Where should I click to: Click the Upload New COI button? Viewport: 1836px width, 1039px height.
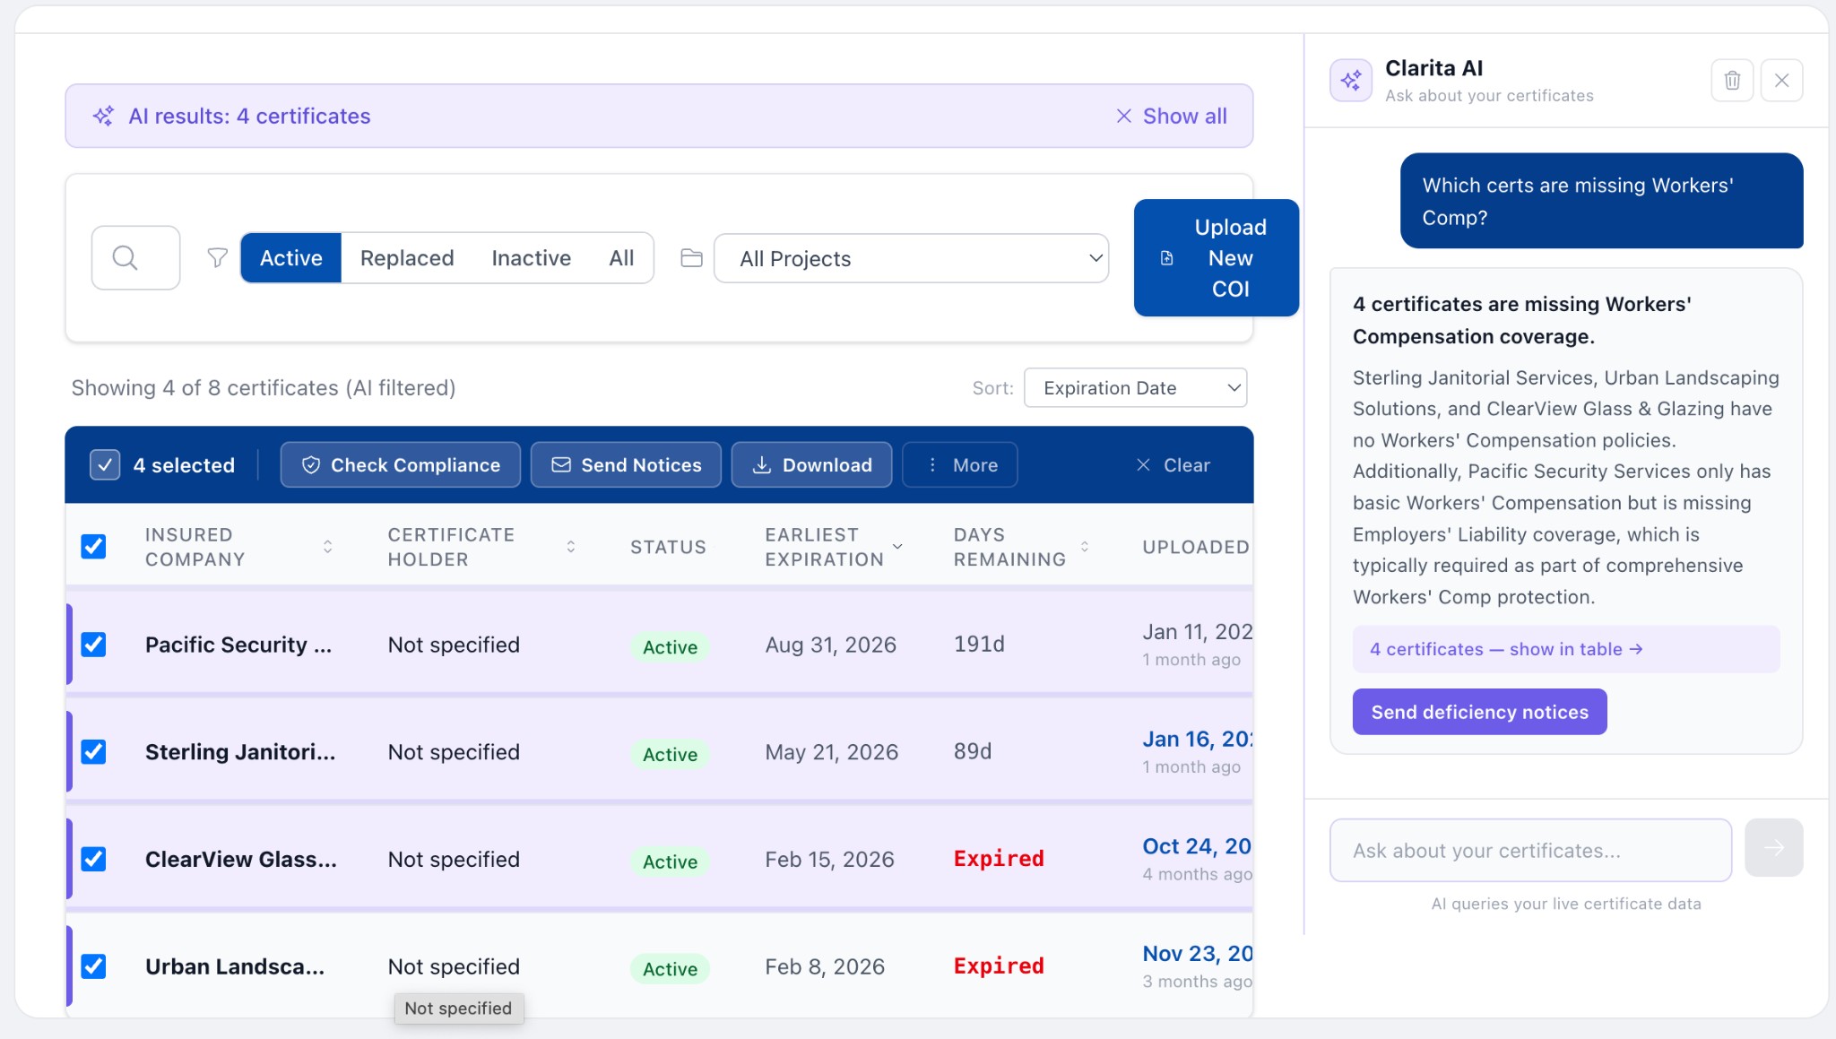click(1216, 258)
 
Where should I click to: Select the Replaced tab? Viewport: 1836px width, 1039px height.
click(407, 258)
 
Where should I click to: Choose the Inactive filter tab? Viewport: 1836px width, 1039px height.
click(531, 258)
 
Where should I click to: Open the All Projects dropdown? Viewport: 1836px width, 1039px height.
click(911, 259)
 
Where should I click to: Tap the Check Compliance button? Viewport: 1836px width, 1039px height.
click(400, 465)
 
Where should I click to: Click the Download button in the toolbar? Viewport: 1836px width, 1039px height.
click(811, 465)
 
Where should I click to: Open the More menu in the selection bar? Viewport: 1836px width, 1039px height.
click(960, 465)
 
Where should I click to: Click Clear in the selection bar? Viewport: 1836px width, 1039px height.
click(1173, 465)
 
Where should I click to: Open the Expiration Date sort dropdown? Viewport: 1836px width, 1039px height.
click(1135, 388)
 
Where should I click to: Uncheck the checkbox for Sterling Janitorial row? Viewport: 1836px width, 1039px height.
click(93, 751)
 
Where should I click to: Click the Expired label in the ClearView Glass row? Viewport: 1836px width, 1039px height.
click(999, 859)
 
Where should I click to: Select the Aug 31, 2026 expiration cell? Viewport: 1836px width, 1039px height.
click(830, 645)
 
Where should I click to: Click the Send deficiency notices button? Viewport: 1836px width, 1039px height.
click(1479, 712)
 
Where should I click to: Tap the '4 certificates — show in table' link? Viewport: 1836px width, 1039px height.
click(1506, 649)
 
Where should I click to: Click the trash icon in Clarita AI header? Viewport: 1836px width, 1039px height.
click(1732, 81)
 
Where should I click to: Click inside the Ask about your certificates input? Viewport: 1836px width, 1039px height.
click(1529, 851)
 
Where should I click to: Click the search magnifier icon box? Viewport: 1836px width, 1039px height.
click(135, 258)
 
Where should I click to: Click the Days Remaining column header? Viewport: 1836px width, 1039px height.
click(1009, 547)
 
